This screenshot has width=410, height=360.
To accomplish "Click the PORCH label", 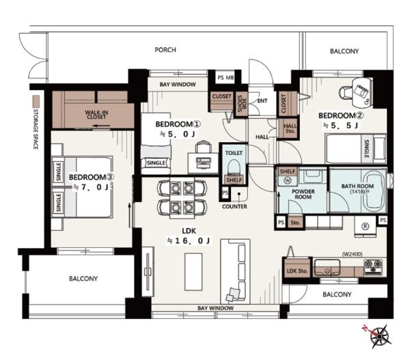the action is [x=165, y=50].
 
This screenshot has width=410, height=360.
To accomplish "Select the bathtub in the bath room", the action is [x=375, y=191].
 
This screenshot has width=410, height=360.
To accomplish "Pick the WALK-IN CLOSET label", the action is [x=96, y=115].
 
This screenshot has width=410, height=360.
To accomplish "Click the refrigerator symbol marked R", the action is [x=365, y=226].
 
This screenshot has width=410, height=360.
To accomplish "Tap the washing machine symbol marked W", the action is [x=288, y=180].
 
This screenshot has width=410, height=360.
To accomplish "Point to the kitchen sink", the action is [x=327, y=267].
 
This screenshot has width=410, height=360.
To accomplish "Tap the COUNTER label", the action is [x=234, y=206].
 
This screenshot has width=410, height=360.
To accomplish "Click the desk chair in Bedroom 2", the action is [x=346, y=92].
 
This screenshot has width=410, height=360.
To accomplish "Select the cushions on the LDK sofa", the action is [x=233, y=294].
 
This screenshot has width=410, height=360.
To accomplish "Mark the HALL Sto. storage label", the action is [x=290, y=128].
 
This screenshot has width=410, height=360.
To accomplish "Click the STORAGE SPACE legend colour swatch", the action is [x=36, y=102].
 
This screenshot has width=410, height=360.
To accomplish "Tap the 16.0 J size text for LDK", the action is [x=189, y=240].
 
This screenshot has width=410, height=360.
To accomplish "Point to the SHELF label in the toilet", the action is [x=234, y=180].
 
